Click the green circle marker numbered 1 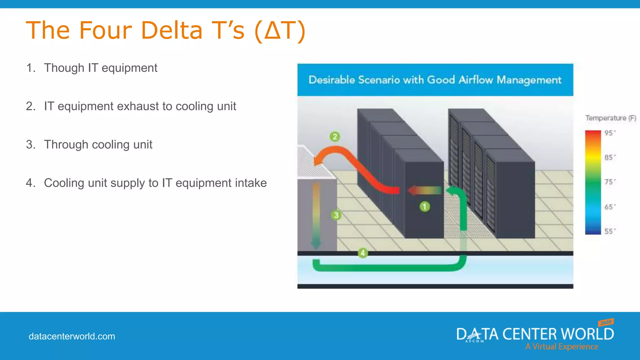pos(425,207)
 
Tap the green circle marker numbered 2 pos(335,137)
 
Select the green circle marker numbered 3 pos(336,215)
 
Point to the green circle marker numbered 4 pos(363,253)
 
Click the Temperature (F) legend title pos(610,118)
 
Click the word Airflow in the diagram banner pos(475,80)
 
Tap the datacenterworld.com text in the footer pos(72,336)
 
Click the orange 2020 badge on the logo pos(606,322)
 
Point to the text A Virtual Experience pos(562,347)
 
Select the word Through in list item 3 pos(66,145)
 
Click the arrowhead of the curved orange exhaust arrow pos(318,161)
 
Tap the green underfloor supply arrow pos(387,267)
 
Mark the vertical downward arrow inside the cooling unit pos(316,216)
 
